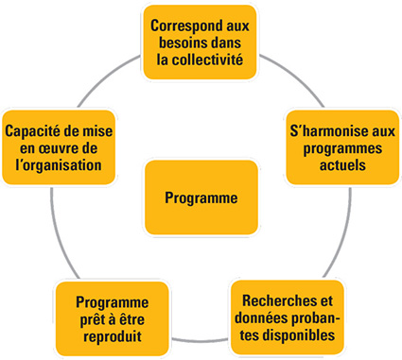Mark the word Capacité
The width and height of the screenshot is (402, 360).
(33, 129)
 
